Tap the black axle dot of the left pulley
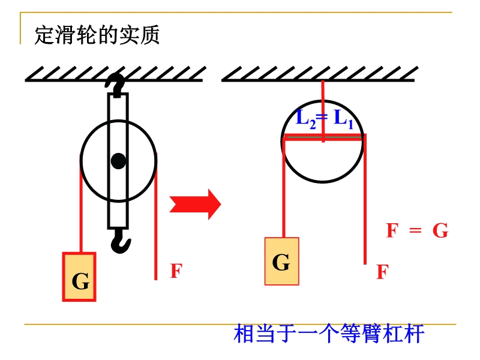pos(118,161)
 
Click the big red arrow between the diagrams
pos(195,204)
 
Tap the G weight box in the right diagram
pos(281,261)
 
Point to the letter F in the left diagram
pos(175,271)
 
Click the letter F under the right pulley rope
pos(382,272)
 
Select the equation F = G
pos(416,231)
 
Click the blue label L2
pos(305,118)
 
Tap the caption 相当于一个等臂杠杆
pos(329,334)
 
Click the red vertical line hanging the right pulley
pos(323,96)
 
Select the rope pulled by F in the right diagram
pos(364,204)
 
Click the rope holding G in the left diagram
pos(80,204)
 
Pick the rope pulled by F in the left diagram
pos(155,228)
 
